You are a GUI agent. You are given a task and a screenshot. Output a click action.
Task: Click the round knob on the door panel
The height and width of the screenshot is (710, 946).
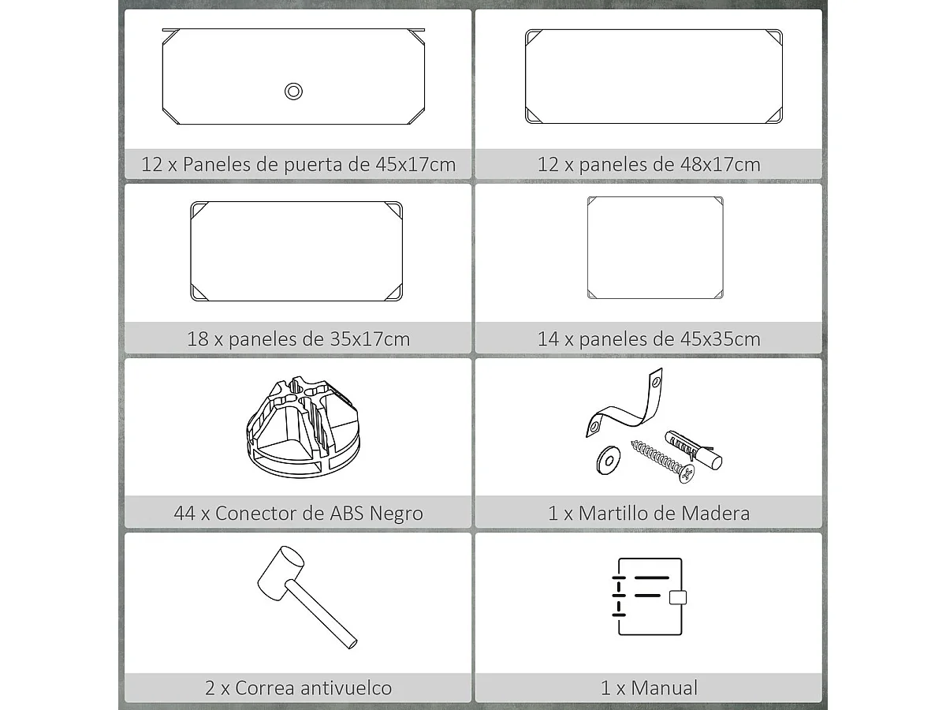point(293,92)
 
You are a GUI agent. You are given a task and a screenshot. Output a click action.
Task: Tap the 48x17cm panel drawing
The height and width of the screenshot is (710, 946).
point(654,77)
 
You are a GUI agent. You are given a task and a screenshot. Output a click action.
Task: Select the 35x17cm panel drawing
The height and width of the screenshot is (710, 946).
point(296,251)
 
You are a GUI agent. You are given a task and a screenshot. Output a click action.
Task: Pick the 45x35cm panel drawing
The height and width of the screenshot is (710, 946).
point(654,248)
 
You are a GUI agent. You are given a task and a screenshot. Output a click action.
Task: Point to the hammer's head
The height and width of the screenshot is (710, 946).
point(281,570)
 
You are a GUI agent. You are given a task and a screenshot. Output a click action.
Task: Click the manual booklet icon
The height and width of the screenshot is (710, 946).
point(648,596)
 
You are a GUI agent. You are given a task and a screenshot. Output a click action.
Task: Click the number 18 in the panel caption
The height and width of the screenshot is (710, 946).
point(197,339)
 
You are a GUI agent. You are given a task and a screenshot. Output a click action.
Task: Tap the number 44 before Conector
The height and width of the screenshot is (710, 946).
point(184,514)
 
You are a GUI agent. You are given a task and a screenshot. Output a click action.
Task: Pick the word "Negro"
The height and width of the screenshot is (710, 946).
point(393,514)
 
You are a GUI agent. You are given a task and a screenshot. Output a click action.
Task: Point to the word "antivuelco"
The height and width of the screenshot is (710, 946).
point(345,688)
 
